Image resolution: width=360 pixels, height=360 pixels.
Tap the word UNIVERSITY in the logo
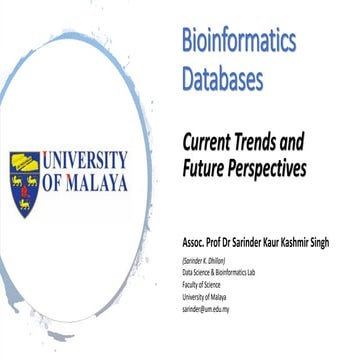(x=85, y=160)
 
